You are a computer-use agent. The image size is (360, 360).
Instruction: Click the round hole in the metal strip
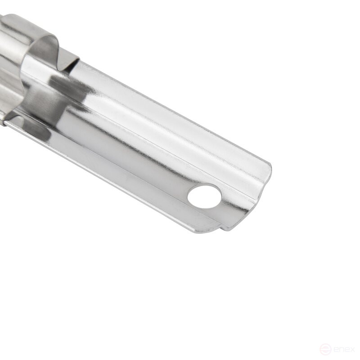[204, 197]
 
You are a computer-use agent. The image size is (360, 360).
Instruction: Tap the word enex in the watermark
[344, 350]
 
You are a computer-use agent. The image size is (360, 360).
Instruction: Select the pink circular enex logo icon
[325, 350]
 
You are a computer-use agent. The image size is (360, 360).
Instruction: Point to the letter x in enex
[352, 350]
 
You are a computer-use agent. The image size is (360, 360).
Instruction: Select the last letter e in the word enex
[347, 350]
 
